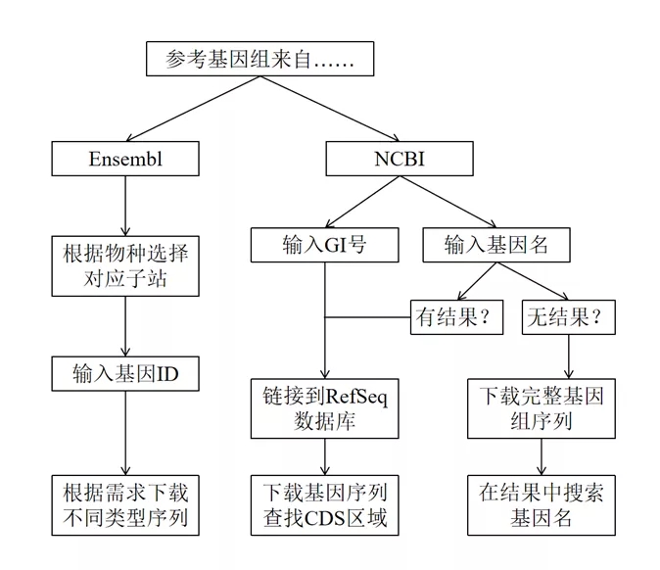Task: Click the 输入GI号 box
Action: pyautogui.click(x=323, y=245)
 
